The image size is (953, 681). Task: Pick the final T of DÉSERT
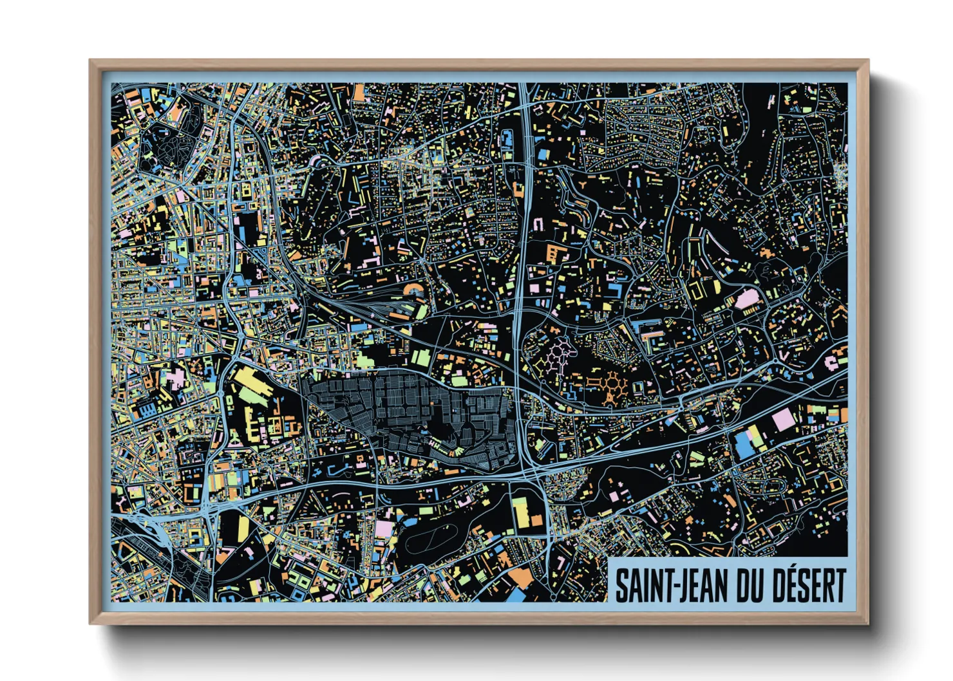coord(839,586)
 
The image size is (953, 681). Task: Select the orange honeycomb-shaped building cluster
coord(609,386)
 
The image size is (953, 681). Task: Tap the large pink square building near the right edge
coord(784,419)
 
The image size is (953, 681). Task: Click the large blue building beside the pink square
coord(744,445)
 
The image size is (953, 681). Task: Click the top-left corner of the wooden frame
coord(91,61)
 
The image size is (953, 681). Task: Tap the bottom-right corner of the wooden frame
coord(867,623)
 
